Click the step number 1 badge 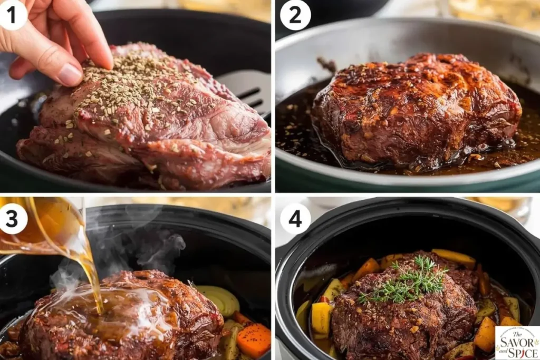point(13,14)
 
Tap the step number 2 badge point(295,14)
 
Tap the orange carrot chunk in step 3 point(254,339)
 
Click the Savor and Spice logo point(517,343)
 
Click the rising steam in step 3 point(153,242)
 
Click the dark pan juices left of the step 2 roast point(293,127)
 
